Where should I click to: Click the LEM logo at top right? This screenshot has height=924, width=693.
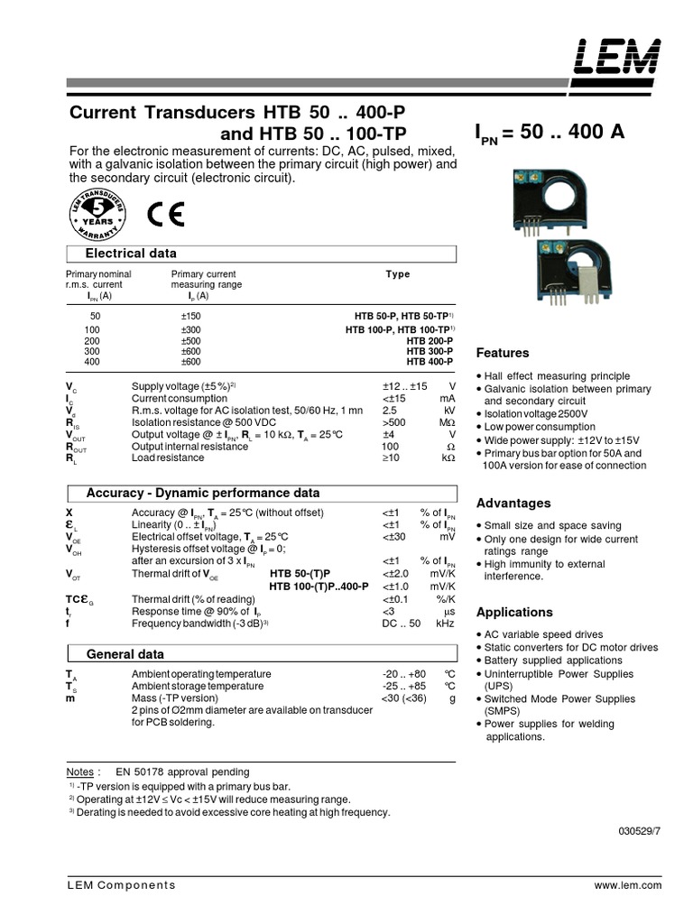pyautogui.click(x=623, y=58)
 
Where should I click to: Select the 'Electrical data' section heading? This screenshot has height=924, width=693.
pyautogui.click(x=131, y=254)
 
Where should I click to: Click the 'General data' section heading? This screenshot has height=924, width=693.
pyautogui.click(x=125, y=653)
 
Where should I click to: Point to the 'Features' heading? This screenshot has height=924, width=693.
pyautogui.click(x=503, y=353)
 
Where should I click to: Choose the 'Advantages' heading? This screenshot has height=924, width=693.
pyautogui.click(x=513, y=503)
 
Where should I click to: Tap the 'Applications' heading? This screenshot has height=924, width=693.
pyautogui.click(x=514, y=612)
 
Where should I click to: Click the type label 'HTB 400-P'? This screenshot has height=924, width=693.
pyautogui.click(x=430, y=362)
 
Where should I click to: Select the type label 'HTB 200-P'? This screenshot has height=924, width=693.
pyautogui.click(x=430, y=341)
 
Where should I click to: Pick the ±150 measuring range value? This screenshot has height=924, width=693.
pyautogui.click(x=190, y=316)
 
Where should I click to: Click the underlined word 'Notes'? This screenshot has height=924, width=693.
pyautogui.click(x=80, y=773)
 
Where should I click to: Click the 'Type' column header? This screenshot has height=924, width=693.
pyautogui.click(x=397, y=274)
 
